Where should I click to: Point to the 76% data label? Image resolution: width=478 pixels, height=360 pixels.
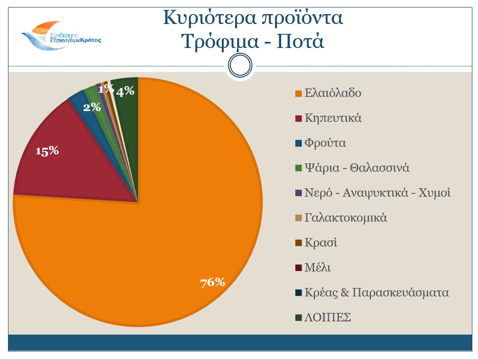click(x=212, y=282)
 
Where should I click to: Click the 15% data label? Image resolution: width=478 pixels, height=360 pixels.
click(x=47, y=151)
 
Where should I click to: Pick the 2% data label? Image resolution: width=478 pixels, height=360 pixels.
click(x=92, y=107)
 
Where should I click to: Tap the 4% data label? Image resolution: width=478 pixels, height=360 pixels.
click(x=126, y=91)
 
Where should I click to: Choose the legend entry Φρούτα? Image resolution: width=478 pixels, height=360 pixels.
click(x=325, y=143)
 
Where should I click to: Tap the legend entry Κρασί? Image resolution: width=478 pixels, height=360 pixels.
click(x=321, y=243)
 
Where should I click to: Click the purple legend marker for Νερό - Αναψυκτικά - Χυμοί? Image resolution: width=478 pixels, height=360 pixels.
click(x=298, y=193)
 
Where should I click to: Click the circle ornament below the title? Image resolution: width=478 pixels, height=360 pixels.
click(x=240, y=66)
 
